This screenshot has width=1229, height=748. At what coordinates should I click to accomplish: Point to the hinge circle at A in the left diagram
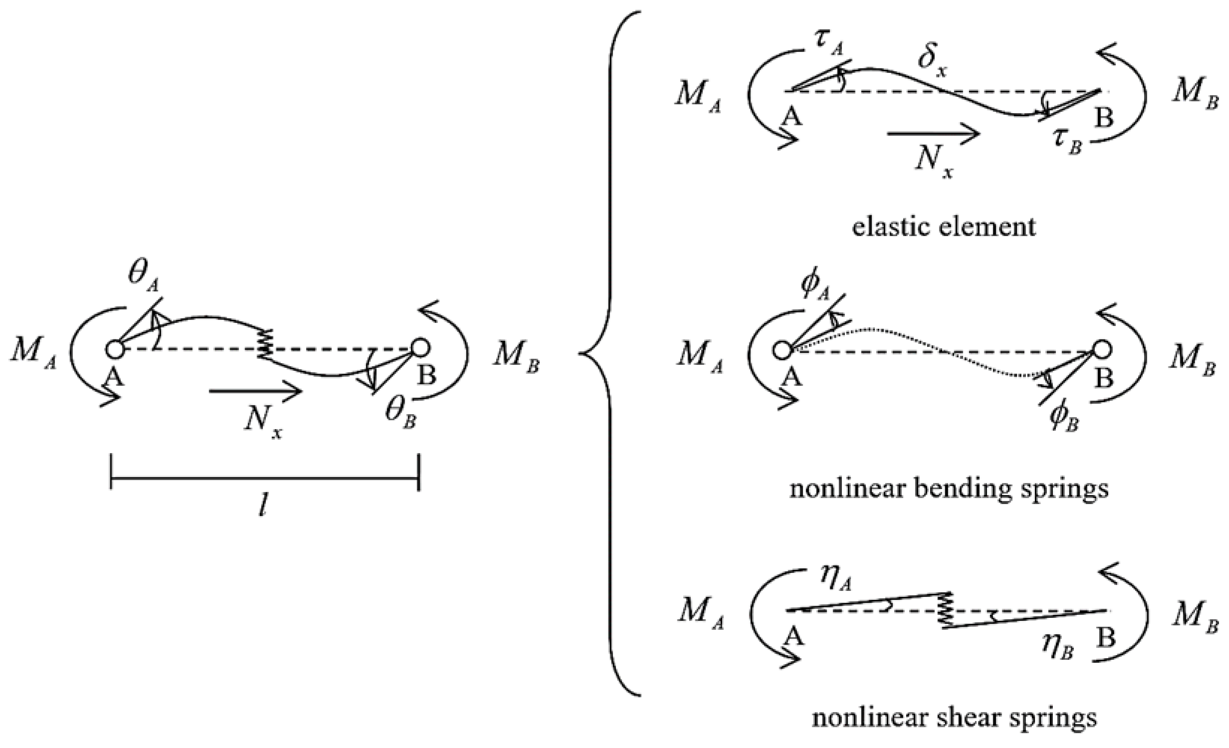pyautogui.click(x=115, y=349)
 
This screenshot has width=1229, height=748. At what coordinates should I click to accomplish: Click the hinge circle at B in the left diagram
pyautogui.click(x=420, y=348)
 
